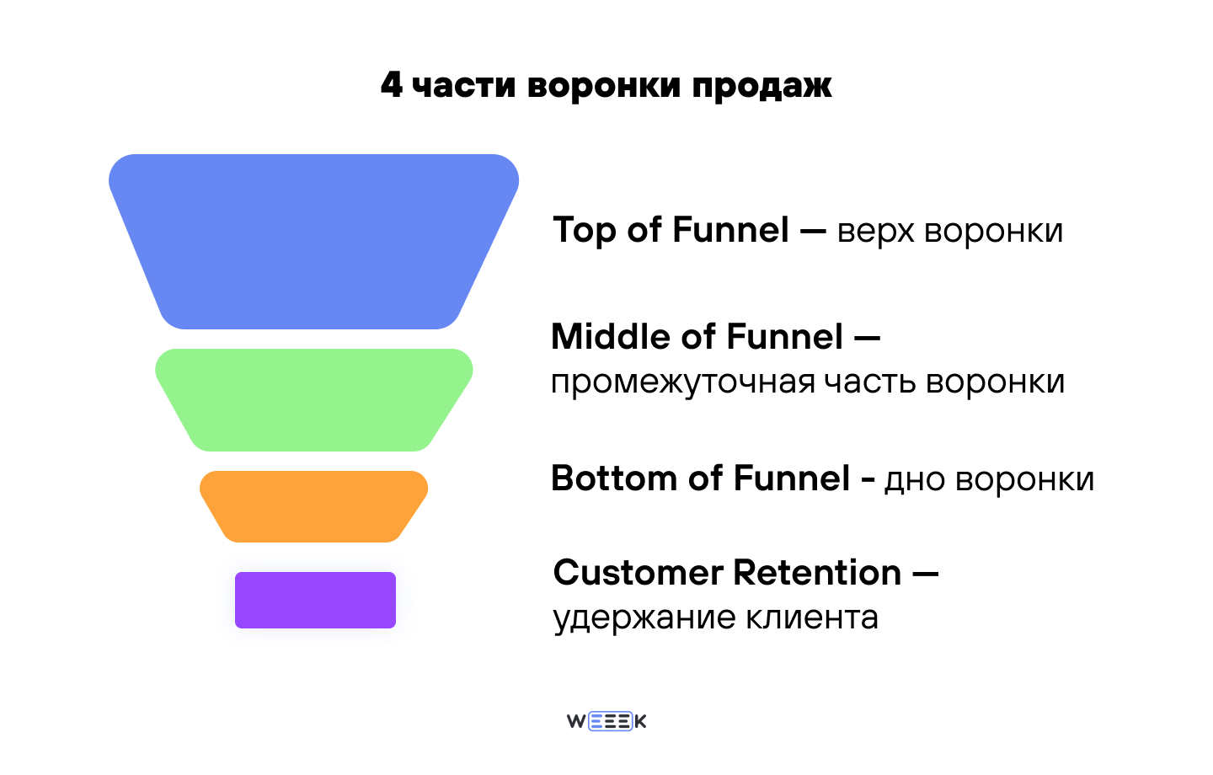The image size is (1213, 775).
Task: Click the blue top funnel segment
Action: click(313, 241)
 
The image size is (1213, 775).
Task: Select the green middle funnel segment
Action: click(313, 399)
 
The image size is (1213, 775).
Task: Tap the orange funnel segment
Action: click(313, 505)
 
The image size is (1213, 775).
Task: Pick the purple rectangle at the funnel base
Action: click(315, 600)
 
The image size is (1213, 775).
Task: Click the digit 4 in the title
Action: click(392, 85)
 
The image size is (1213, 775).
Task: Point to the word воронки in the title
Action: click(603, 85)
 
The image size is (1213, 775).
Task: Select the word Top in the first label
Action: click(584, 231)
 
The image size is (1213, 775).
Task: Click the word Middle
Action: click(612, 337)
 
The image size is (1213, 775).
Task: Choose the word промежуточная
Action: click(682, 382)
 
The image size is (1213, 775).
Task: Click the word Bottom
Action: click(613, 478)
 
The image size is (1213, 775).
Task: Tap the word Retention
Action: click(817, 573)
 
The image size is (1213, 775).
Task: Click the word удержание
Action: click(633, 618)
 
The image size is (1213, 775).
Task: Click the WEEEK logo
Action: click(606, 721)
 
